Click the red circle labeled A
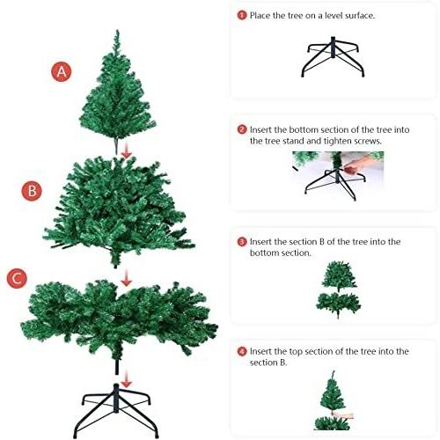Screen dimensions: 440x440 (62, 71)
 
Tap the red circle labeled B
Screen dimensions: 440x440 (32, 191)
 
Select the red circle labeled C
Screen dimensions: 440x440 (17, 278)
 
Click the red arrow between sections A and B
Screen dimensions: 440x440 (127, 151)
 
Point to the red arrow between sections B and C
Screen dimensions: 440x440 (127, 278)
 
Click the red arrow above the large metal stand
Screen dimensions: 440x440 (127, 379)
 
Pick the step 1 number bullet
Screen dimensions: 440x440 (242, 15)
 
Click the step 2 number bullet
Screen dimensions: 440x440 (242, 129)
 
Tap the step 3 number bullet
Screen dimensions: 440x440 (242, 242)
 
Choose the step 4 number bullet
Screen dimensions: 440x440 (242, 351)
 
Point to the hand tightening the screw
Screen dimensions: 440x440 (358, 165)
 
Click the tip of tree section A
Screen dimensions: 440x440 (117, 30)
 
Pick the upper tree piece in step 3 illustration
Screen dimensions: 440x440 (339, 275)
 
